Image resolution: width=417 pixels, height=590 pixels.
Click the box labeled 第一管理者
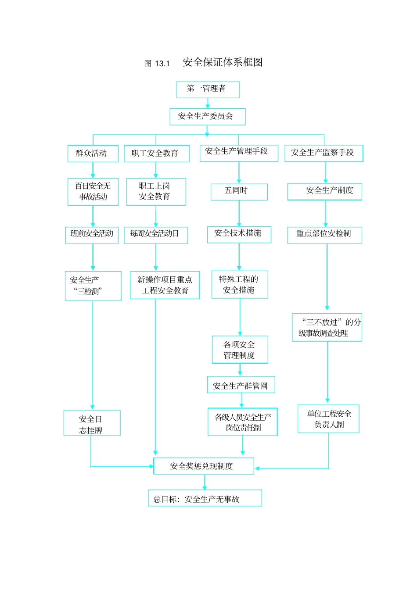[x=208, y=89]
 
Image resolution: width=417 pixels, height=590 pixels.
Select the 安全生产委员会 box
[x=207, y=117]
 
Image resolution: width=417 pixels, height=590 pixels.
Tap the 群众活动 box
[x=93, y=154]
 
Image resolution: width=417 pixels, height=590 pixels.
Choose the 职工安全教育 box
[x=156, y=154]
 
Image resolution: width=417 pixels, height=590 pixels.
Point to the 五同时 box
[x=239, y=192]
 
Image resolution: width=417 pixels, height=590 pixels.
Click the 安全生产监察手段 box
[x=324, y=153]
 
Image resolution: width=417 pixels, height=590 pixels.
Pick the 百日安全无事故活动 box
[x=93, y=192]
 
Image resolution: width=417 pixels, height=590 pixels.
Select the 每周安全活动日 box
[x=156, y=235]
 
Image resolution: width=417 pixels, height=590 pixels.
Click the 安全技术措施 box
[x=239, y=234]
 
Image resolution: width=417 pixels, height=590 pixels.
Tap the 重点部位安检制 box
[x=324, y=235]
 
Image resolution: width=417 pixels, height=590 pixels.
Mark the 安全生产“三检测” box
[x=93, y=286]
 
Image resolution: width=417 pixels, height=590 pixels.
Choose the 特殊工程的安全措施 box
[x=240, y=285]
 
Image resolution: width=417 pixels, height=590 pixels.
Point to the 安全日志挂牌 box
[x=92, y=423]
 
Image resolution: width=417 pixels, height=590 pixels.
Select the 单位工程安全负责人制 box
[x=328, y=419]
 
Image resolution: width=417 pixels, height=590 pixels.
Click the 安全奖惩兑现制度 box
[x=203, y=466]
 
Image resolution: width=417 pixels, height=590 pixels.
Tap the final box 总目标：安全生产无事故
[x=205, y=498]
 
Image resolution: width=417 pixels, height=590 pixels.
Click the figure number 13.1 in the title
[x=162, y=64]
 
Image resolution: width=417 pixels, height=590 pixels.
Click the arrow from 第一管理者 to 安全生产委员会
[x=208, y=104]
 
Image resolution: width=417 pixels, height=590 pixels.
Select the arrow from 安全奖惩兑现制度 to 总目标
[x=205, y=482]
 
